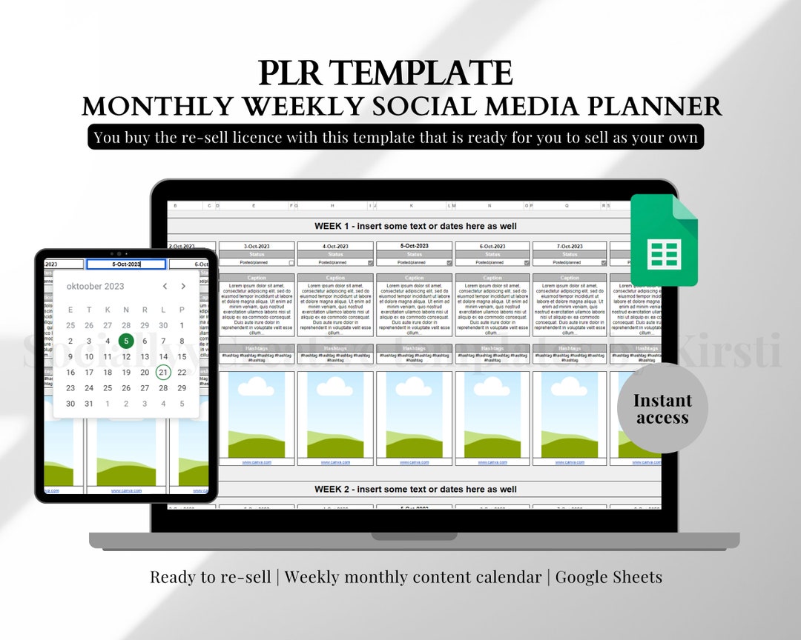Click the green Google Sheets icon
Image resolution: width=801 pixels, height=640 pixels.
664,240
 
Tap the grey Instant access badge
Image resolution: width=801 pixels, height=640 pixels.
662,408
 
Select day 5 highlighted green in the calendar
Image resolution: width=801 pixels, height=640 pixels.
126,341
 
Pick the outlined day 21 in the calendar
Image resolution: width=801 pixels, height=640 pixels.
163,372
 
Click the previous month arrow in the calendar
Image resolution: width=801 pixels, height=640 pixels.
165,286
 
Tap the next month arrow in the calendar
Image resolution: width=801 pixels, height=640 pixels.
183,286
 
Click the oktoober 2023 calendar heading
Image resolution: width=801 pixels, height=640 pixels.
96,286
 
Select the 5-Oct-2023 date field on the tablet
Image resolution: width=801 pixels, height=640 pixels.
126,264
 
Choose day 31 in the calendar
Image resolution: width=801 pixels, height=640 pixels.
89,404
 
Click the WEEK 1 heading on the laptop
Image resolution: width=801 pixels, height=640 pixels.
415,226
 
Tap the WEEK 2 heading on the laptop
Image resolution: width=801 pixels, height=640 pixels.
415,489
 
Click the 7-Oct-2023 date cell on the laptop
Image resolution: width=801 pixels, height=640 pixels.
570,246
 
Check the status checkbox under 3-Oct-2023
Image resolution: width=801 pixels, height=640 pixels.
291,262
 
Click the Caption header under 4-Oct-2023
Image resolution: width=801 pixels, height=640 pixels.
335,278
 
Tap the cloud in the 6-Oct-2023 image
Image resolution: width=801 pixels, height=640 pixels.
492,387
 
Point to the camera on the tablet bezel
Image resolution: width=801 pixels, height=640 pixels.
119,254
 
